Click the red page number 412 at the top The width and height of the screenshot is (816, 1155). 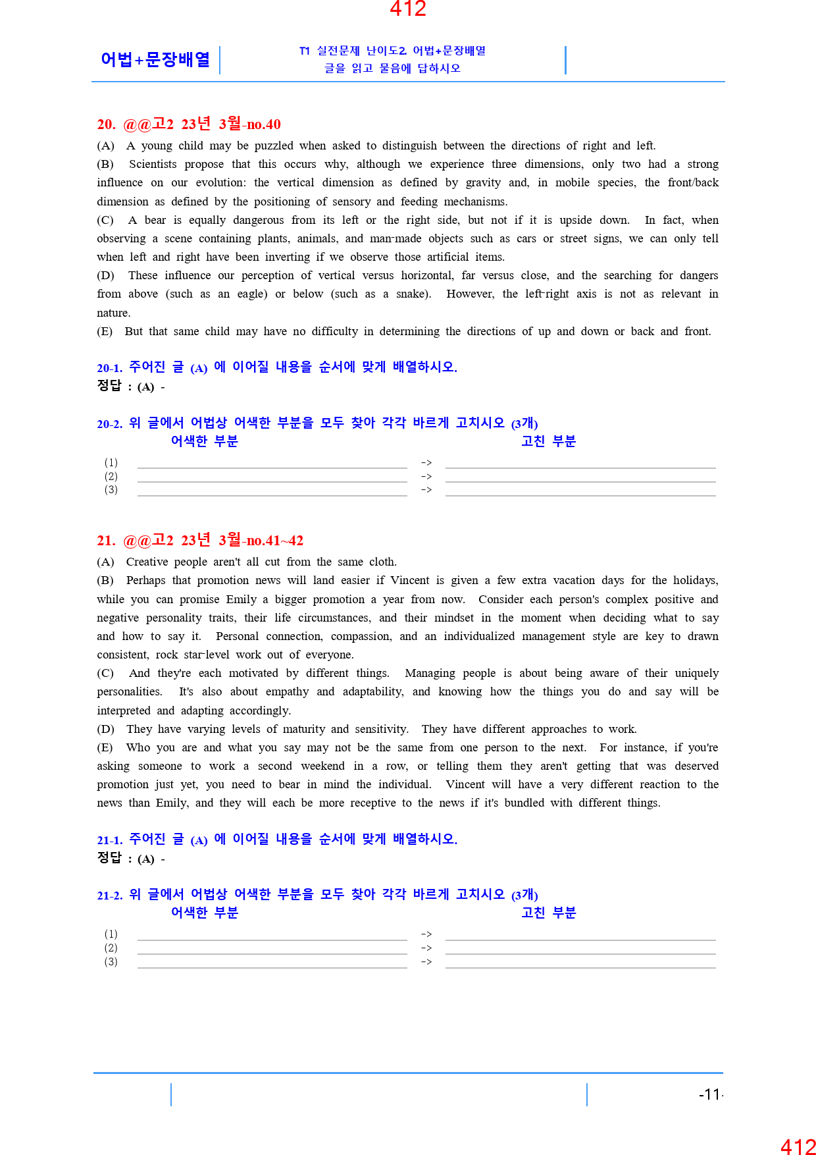click(x=408, y=9)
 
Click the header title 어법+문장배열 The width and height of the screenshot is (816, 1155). click(x=155, y=59)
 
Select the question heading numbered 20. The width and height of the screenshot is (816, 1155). click(x=189, y=124)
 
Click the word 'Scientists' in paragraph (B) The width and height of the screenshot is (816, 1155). click(x=153, y=164)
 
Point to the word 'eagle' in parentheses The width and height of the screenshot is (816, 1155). click(x=251, y=294)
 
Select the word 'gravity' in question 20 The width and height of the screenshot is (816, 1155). click(x=484, y=182)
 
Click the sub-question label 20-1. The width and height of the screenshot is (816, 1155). click(x=109, y=368)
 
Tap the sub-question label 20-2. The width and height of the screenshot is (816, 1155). click(x=109, y=424)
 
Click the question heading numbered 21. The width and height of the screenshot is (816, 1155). click(x=200, y=541)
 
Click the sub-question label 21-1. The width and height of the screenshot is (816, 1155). click(x=109, y=840)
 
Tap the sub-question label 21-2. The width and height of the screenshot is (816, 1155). click(x=109, y=896)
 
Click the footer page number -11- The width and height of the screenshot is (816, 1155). click(x=711, y=1094)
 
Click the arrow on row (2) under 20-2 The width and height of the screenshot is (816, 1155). click(x=426, y=476)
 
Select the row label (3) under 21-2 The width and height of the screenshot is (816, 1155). click(x=111, y=961)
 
